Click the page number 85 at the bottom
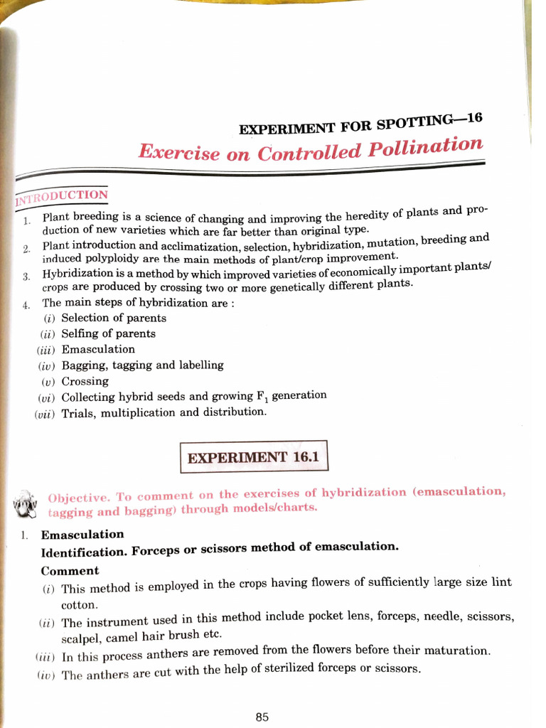coord(262,717)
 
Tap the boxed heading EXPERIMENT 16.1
coord(254,458)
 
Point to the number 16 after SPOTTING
coord(474,118)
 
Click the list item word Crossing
coord(85,381)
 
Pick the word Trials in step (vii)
coord(78,413)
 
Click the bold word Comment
coord(70,571)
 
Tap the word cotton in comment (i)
coord(79,605)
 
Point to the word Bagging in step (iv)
coord(83,365)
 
